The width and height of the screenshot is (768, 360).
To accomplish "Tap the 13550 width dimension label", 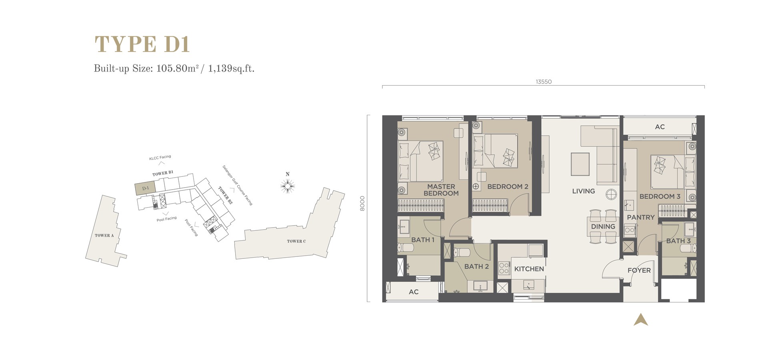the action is click(x=544, y=82).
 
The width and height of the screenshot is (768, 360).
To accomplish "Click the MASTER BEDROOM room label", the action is click(x=441, y=190).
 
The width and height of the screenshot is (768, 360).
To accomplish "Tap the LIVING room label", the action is click(x=583, y=191).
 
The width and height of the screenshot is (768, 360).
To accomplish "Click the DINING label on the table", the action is click(x=603, y=226).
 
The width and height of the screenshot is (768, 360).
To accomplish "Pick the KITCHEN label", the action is click(x=529, y=269).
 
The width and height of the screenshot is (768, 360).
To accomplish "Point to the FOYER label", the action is click(x=639, y=270).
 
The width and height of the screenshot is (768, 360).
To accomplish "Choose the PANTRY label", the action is click(x=640, y=217).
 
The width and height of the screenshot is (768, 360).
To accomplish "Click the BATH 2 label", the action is click(x=476, y=266).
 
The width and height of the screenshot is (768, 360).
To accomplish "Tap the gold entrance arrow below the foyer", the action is click(x=640, y=319).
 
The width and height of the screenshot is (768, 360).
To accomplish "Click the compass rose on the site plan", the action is click(x=288, y=186).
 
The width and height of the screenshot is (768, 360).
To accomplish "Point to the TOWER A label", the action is click(x=104, y=235).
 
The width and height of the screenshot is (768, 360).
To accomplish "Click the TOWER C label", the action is click(x=296, y=241).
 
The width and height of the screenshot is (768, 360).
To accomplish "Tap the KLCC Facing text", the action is click(x=160, y=158).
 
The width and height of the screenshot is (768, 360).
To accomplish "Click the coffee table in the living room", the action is click(x=580, y=164).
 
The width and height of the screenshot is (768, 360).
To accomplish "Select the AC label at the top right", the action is click(x=660, y=127).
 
